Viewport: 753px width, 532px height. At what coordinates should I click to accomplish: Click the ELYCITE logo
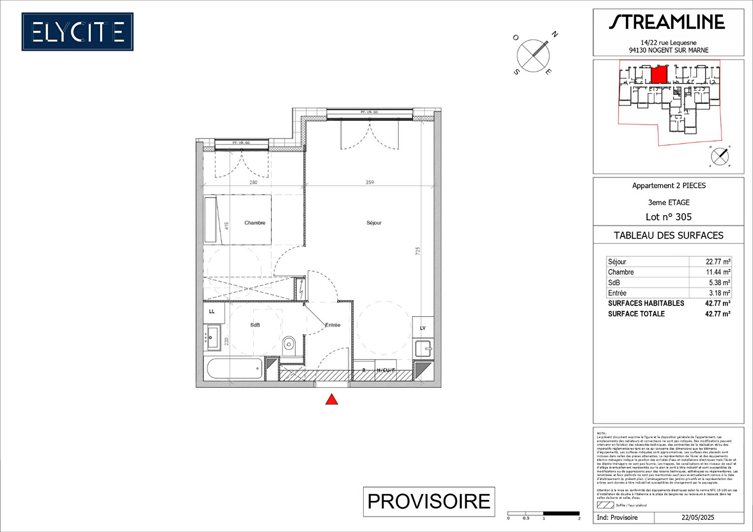pos(77,32)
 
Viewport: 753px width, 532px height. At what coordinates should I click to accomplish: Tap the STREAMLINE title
pos(667,22)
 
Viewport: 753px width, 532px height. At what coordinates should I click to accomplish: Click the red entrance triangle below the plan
pos(332,399)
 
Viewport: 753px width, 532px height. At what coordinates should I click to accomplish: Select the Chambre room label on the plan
pos(255,223)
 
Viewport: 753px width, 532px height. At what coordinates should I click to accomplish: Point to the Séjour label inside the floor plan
pos(374,223)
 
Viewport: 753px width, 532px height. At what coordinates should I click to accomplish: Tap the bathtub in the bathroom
pos(235,368)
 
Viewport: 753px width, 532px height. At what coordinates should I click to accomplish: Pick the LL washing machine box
pos(213,312)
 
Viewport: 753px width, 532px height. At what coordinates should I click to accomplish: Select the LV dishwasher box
pos(423,328)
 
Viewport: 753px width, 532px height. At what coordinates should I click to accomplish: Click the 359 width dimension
pos(370,182)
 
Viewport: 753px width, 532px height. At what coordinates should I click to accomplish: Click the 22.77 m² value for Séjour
pos(718,262)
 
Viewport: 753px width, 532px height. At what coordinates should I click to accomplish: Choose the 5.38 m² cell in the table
pos(719,283)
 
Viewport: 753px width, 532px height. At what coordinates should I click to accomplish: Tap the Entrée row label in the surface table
pos(617,293)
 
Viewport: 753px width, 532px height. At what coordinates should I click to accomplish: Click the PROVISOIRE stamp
pos(429,501)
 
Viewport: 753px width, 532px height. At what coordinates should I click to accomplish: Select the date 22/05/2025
pos(698,517)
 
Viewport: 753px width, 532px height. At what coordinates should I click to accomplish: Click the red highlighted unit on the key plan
pos(659,75)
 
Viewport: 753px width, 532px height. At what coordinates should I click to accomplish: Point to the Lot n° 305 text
pos(668,217)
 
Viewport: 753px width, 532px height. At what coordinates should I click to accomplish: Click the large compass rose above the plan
pos(533,55)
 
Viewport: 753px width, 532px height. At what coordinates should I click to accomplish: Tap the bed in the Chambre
pos(238,219)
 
